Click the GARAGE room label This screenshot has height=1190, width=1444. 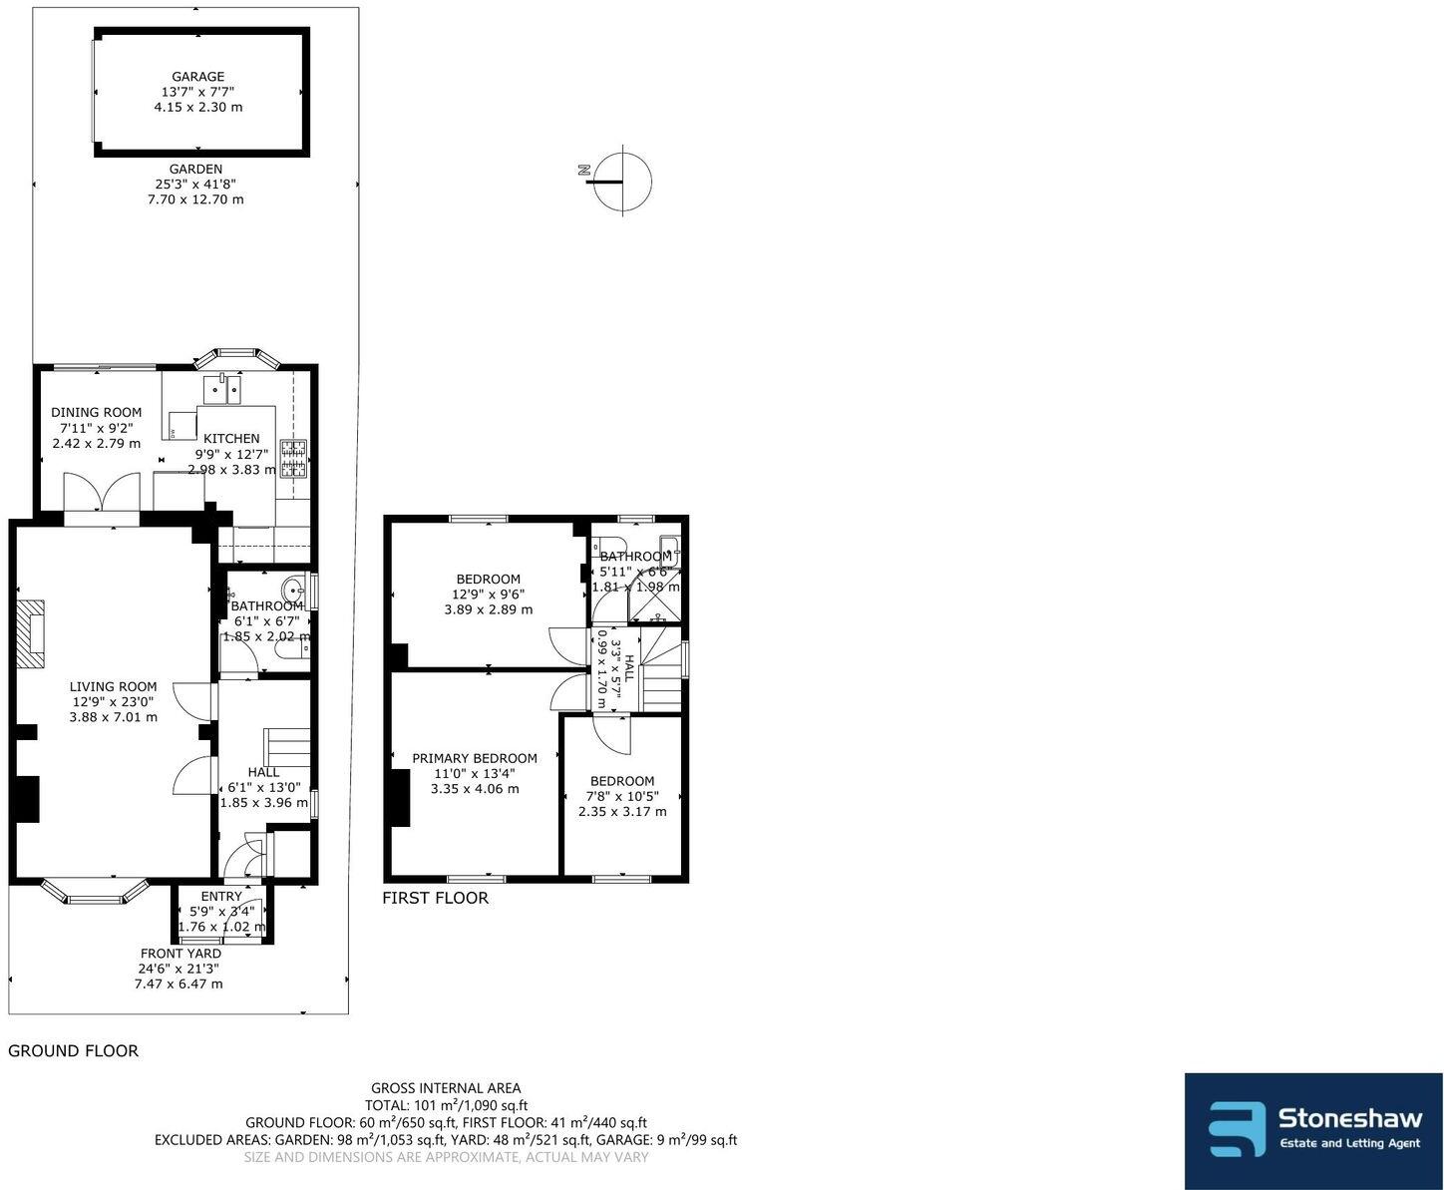point(197,77)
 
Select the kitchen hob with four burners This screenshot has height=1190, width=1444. point(294,459)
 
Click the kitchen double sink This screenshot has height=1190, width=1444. point(226,388)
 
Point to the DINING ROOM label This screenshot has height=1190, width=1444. point(97,412)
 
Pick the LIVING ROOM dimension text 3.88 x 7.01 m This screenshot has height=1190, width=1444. point(114,717)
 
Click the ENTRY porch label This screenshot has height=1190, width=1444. point(221,897)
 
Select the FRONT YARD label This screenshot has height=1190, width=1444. point(180,954)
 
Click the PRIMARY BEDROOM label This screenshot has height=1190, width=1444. point(475,758)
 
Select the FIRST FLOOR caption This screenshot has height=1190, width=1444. point(436,898)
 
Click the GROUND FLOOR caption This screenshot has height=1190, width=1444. point(73,1050)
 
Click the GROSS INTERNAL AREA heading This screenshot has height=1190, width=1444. point(446,1088)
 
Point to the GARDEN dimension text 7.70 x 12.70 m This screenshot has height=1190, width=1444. point(195,199)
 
